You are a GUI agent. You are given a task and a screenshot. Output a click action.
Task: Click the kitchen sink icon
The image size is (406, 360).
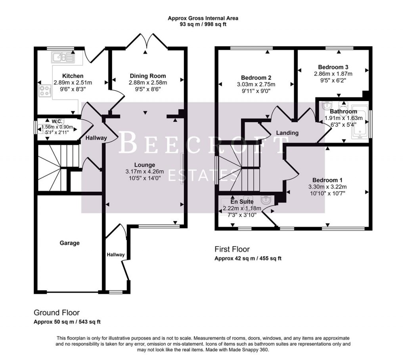62,58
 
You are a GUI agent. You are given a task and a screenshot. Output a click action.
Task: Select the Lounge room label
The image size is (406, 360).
144,165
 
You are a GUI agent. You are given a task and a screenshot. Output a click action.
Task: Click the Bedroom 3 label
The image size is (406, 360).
333,67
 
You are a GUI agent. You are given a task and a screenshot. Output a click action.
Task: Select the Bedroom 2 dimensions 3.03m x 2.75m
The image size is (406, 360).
255,84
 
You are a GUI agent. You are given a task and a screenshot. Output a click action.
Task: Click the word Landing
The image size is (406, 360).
287,133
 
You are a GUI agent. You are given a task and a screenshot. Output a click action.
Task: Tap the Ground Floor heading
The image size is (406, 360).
57,312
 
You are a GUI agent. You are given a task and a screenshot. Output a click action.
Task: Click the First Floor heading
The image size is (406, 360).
232,249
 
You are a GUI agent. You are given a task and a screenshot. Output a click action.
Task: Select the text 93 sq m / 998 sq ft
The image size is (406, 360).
203,24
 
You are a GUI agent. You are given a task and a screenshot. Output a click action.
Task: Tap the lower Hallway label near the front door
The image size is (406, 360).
115,255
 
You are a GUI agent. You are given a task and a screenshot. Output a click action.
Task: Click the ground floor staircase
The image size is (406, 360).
56,166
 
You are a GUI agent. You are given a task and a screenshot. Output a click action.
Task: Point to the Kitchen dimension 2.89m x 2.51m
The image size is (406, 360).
73,83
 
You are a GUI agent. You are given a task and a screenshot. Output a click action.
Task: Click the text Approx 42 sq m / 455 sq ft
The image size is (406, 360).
248,258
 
